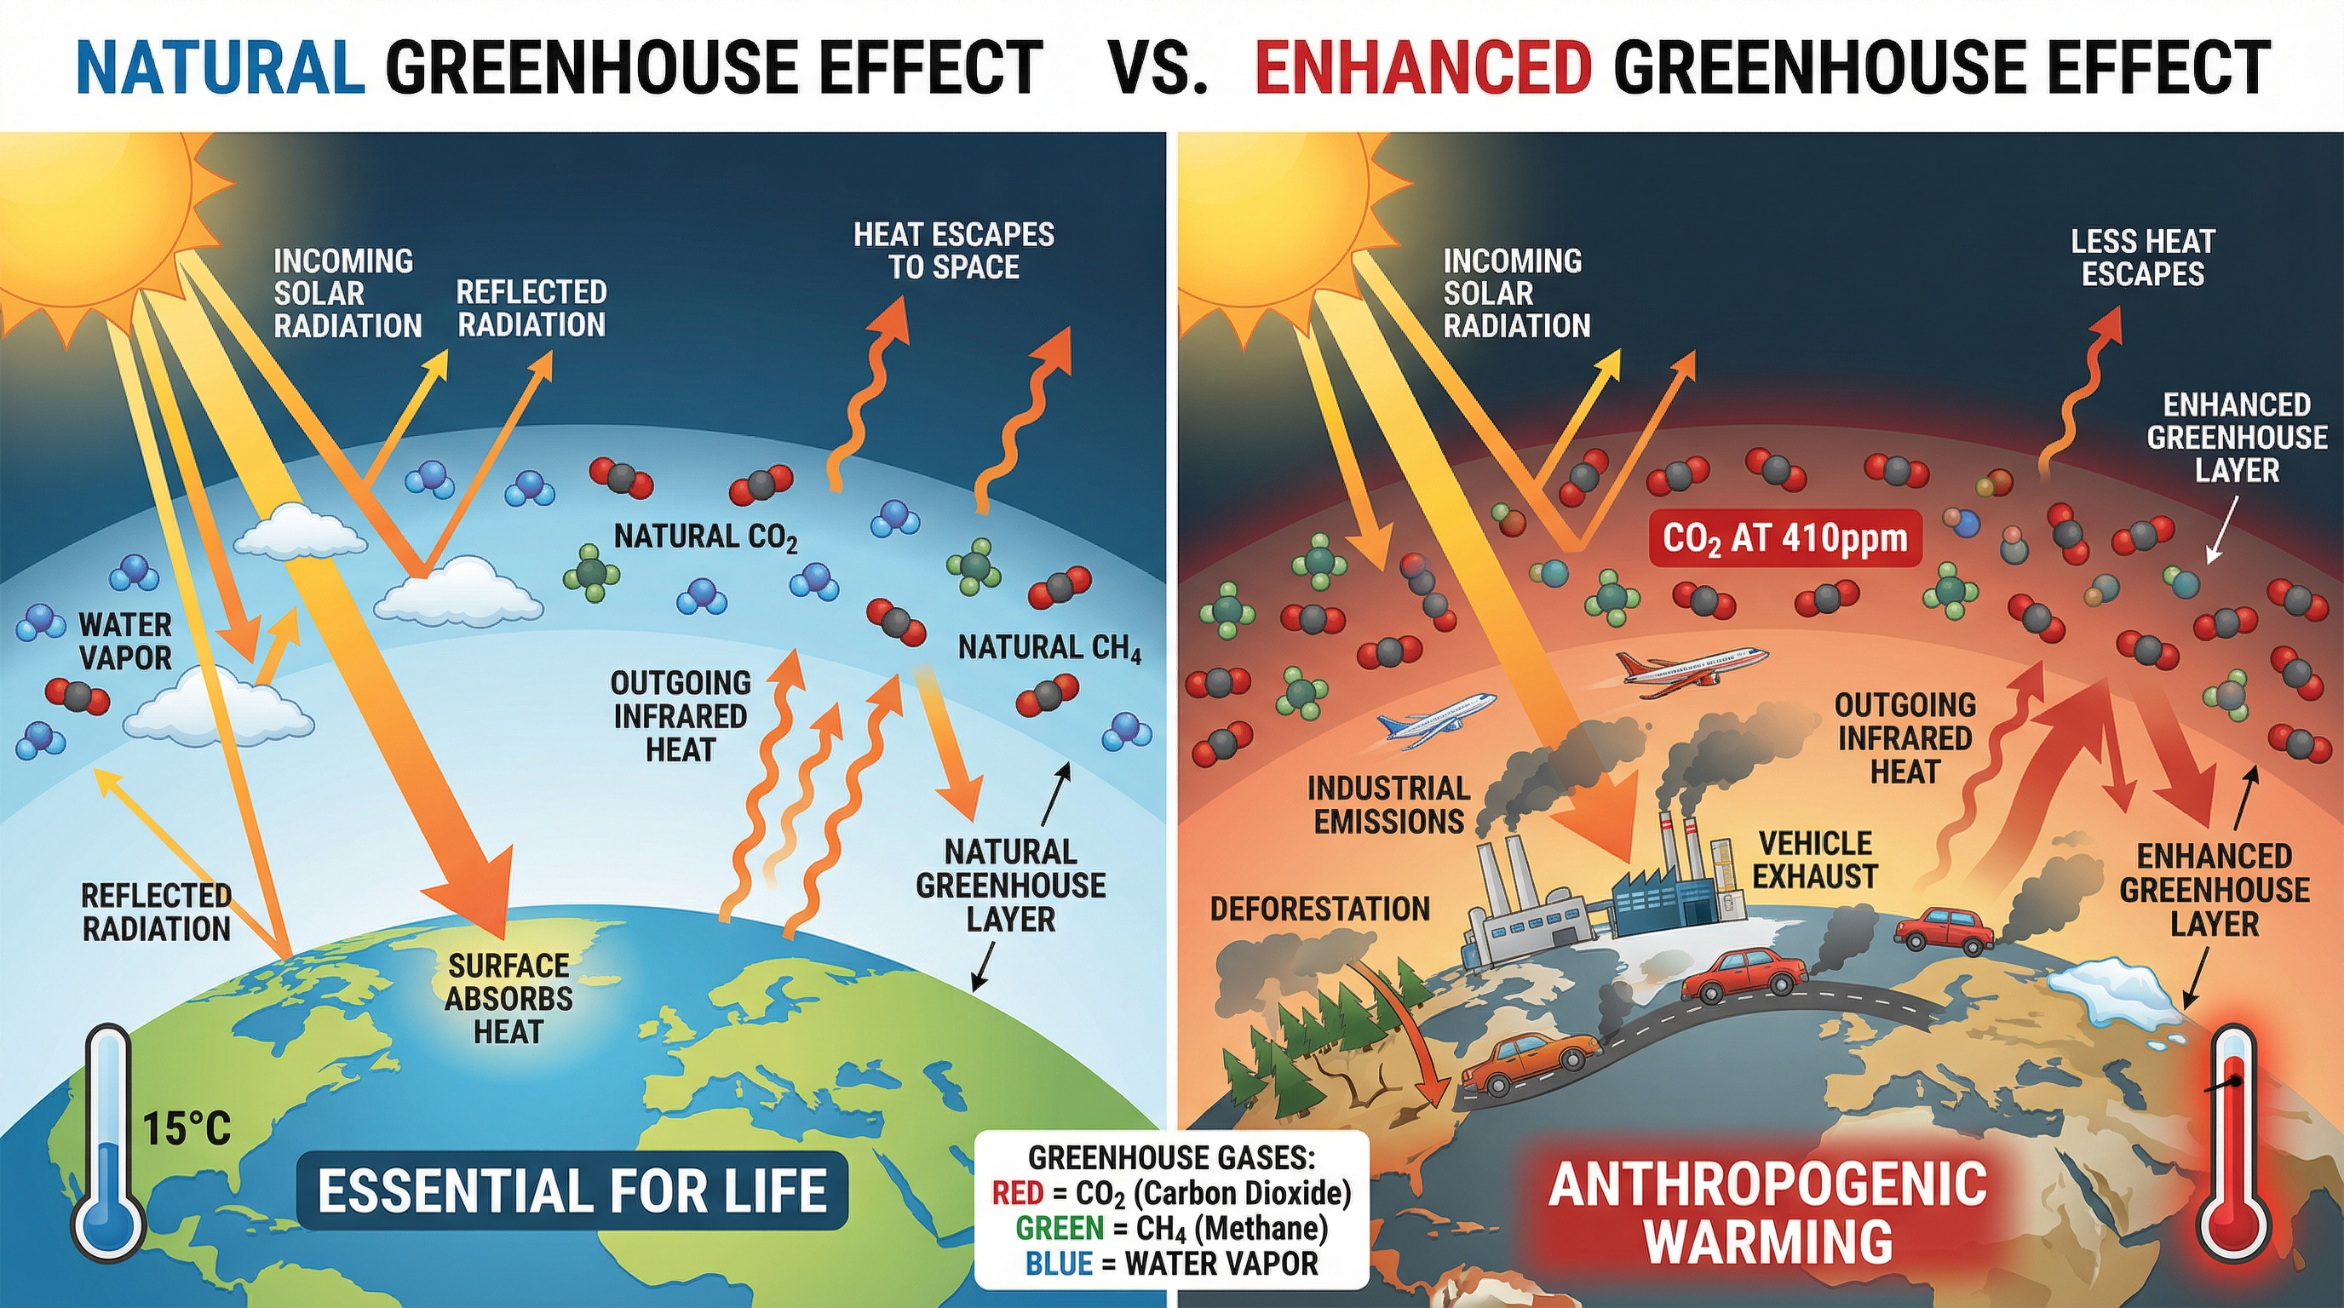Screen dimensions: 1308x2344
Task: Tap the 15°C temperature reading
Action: pos(187,1130)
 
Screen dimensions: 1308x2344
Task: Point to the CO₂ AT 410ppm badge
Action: pos(1784,537)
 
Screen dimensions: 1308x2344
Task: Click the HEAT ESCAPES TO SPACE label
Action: pos(954,250)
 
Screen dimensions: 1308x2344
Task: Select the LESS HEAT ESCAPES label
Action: pos(2143,257)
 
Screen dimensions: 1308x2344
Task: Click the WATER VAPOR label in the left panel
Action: pos(125,640)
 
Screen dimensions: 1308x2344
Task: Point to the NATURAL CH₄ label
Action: pos(1049,648)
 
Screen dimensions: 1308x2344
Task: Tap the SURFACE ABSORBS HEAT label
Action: pos(508,998)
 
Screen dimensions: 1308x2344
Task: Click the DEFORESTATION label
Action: pos(1319,908)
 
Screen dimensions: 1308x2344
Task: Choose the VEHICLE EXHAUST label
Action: pos(1814,858)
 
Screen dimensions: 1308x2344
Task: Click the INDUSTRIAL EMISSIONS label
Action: pos(1387,804)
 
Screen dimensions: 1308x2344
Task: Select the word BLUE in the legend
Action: pos(1058,1264)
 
